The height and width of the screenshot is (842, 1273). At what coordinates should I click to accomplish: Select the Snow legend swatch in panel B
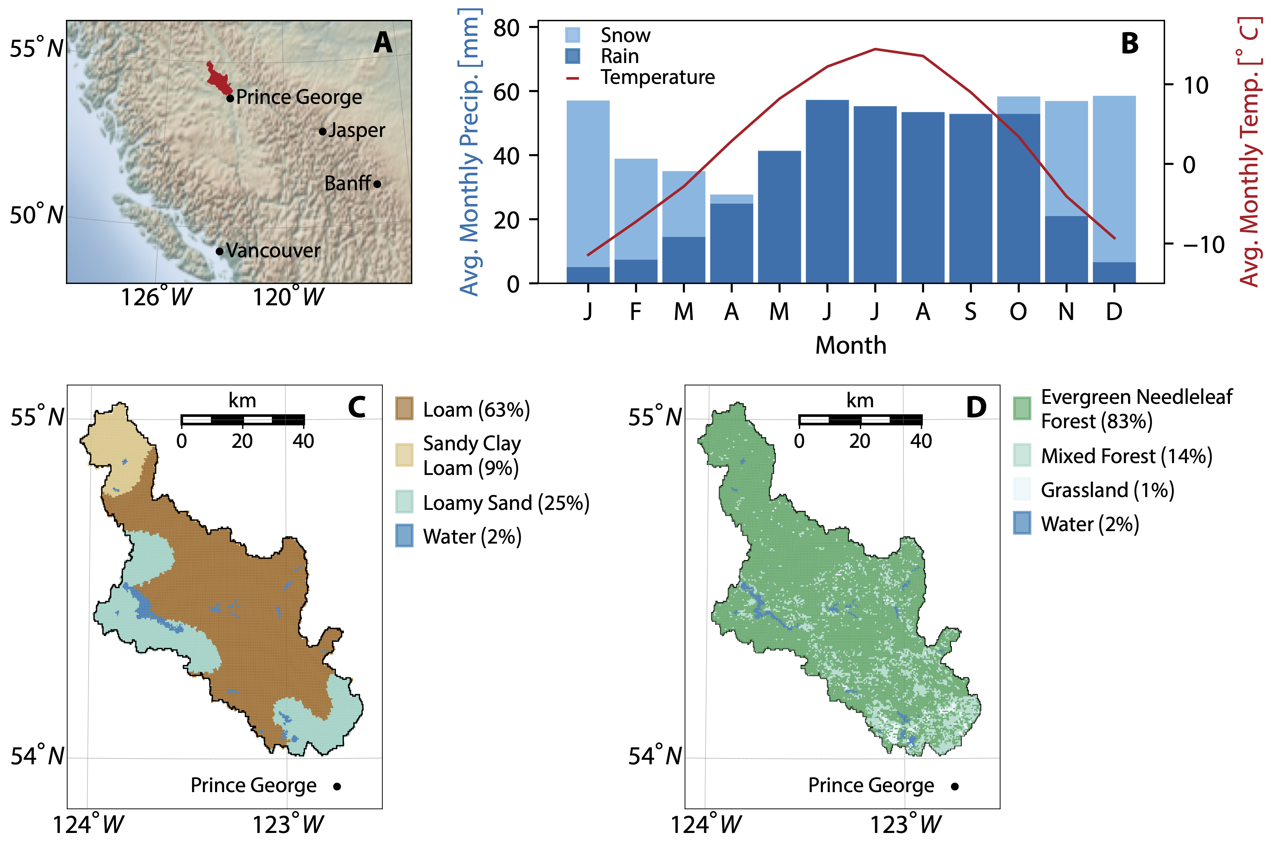click(572, 35)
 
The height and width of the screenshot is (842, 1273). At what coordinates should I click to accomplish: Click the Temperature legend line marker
click(572, 78)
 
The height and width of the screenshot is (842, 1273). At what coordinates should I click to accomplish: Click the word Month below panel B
click(851, 345)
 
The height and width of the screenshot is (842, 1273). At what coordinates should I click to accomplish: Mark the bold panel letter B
click(1130, 43)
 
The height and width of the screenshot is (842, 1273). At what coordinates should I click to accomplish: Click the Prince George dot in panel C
click(337, 786)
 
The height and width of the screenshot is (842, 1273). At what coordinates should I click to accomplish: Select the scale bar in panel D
click(860, 420)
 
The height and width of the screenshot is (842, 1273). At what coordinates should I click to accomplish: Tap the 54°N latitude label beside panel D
click(654, 756)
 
